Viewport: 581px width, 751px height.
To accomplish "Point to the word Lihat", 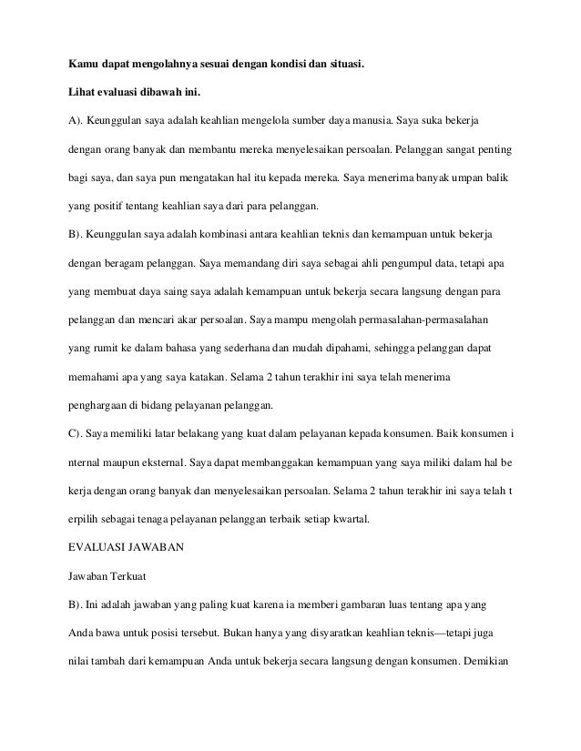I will click(x=84, y=93).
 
